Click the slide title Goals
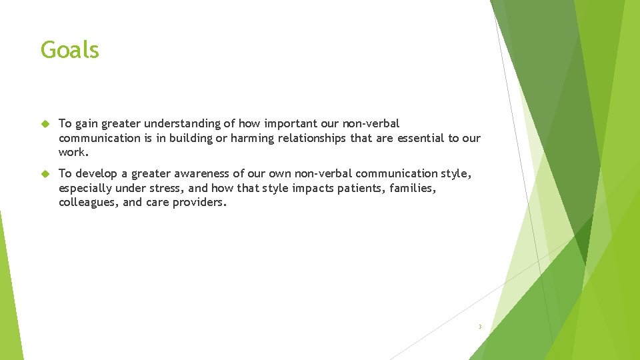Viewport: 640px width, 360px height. (x=69, y=50)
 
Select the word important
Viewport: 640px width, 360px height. (x=293, y=123)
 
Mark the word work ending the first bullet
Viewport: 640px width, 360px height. (x=73, y=152)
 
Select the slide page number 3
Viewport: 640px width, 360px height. (x=479, y=327)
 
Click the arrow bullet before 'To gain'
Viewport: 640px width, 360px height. (x=45, y=123)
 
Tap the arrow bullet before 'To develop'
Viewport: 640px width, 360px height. (x=45, y=174)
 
